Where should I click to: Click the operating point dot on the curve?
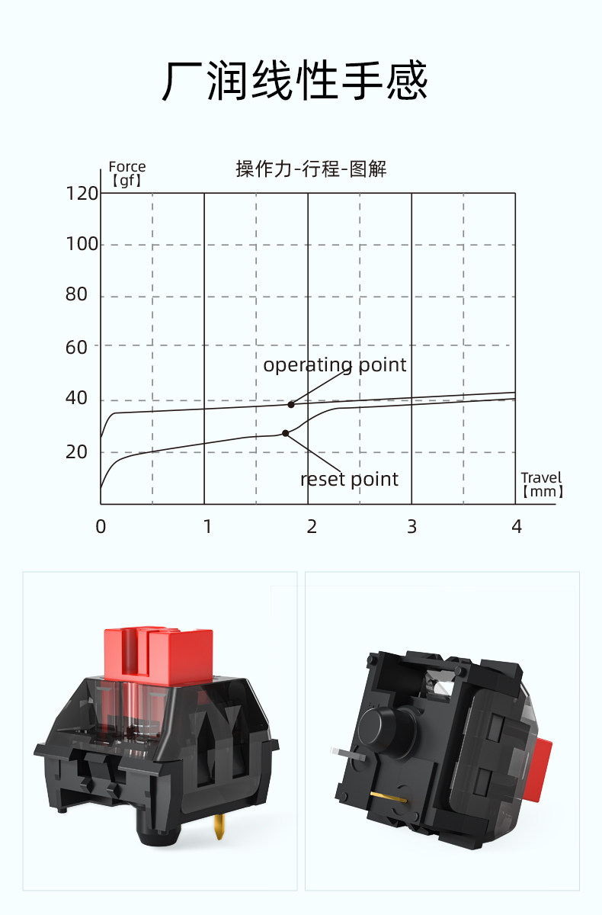click(291, 404)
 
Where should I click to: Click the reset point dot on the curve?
click(286, 433)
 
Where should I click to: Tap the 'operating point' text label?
click(335, 365)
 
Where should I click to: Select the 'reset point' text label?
click(349, 480)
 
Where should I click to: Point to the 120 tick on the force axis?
click(82, 194)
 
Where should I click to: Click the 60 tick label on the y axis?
click(77, 346)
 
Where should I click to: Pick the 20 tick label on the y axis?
click(77, 452)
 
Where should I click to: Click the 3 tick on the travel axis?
click(411, 527)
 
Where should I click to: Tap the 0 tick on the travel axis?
click(101, 527)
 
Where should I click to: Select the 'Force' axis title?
click(126, 167)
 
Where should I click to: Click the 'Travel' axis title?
click(541, 478)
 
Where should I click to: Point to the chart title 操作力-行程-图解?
click(311, 169)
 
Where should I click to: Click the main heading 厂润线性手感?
click(295, 81)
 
